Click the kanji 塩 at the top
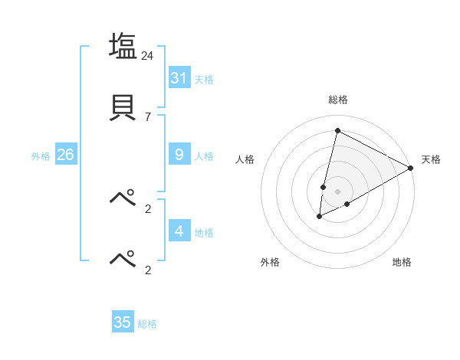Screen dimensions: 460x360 tap(123, 46)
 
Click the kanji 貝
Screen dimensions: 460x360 tap(123, 107)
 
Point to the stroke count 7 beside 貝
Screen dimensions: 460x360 tap(148, 116)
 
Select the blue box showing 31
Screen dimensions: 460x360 tap(179, 77)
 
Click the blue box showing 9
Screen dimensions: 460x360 tap(179, 155)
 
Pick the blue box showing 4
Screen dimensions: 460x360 tap(179, 231)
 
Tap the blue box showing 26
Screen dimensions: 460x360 tap(65, 155)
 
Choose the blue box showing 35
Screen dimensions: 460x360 tap(123, 322)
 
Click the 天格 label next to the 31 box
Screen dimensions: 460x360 tap(204, 79)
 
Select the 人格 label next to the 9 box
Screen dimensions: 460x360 tap(204, 156)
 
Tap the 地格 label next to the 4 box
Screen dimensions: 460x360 tap(204, 232)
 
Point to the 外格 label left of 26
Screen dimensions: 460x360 tap(41, 156)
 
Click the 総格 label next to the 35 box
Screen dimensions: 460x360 tap(147, 324)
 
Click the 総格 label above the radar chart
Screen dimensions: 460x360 tap(338, 100)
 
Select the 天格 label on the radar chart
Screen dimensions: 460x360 tap(431, 159)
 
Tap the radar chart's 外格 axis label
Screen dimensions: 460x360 tap(270, 262)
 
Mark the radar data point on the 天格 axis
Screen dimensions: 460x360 tap(411, 168)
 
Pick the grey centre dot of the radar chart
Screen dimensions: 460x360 tap(337, 191)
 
